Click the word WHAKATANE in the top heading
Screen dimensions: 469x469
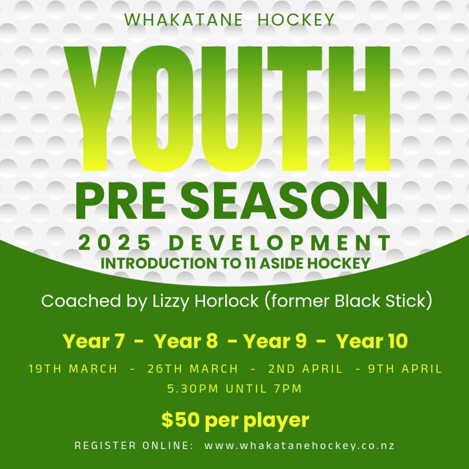pos(183,20)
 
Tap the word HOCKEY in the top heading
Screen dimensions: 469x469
pos(296,20)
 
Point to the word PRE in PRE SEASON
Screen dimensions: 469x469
pos(120,201)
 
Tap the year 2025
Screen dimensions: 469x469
pos(115,243)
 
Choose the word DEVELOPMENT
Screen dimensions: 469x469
pos(280,243)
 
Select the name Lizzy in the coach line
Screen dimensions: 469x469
pos(170,301)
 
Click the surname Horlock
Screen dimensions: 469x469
pos(226,301)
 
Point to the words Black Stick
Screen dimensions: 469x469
pos(380,301)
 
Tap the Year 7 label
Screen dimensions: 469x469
pos(93,341)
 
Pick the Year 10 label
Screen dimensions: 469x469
pos(372,341)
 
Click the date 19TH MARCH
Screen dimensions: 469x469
pos(73,369)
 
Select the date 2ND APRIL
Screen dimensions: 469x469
pos(305,369)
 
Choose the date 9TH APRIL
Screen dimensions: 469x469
pos(405,369)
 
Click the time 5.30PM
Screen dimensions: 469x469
pos(193,389)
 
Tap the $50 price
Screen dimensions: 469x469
pos(180,419)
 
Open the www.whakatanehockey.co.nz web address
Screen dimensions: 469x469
pos(299,446)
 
